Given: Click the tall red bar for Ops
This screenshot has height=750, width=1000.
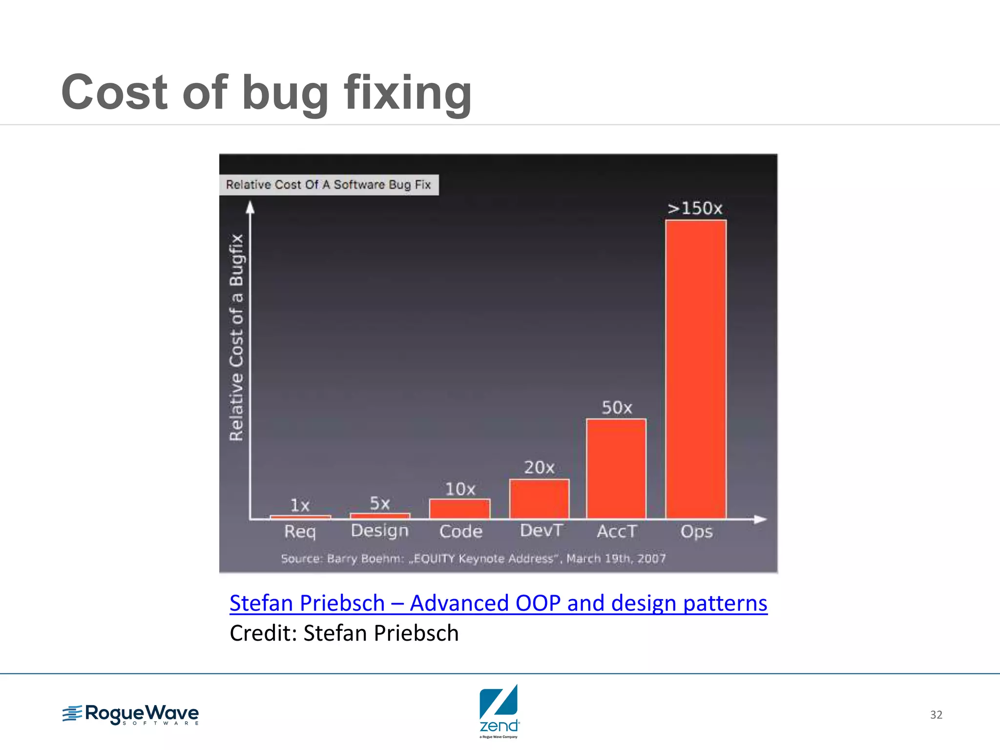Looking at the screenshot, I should [696, 369].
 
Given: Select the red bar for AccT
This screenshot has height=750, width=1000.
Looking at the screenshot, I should [616, 469].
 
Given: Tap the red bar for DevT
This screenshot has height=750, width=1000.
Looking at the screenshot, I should [539, 499].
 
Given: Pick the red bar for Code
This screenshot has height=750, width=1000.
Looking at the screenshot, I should [459, 509].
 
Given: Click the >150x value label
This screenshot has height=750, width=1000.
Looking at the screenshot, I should [695, 208].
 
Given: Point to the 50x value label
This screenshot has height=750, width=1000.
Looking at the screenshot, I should [617, 408].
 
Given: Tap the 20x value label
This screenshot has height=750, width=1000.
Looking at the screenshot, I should [539, 468].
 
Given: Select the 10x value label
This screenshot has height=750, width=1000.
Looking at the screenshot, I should [460, 489].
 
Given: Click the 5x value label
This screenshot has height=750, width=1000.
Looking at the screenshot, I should [380, 503].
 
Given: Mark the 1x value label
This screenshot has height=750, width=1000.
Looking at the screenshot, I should [300, 505].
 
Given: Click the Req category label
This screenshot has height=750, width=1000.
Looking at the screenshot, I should [300, 532].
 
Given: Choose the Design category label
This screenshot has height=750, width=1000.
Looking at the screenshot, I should [380, 531].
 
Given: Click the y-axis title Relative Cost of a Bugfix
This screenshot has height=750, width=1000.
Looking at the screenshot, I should [236, 337].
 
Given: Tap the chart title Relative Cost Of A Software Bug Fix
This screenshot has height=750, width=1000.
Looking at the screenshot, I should [328, 185].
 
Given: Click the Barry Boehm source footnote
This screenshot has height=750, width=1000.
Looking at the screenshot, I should [473, 559].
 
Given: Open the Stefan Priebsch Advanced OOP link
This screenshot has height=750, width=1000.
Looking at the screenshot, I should [498, 603].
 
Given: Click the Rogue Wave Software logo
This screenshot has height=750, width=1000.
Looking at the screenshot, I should [131, 714].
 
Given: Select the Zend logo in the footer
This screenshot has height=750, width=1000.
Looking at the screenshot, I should [499, 710].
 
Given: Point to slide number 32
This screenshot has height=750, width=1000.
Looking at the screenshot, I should [936, 715].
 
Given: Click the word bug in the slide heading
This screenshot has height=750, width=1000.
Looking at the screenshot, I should [285, 93].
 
